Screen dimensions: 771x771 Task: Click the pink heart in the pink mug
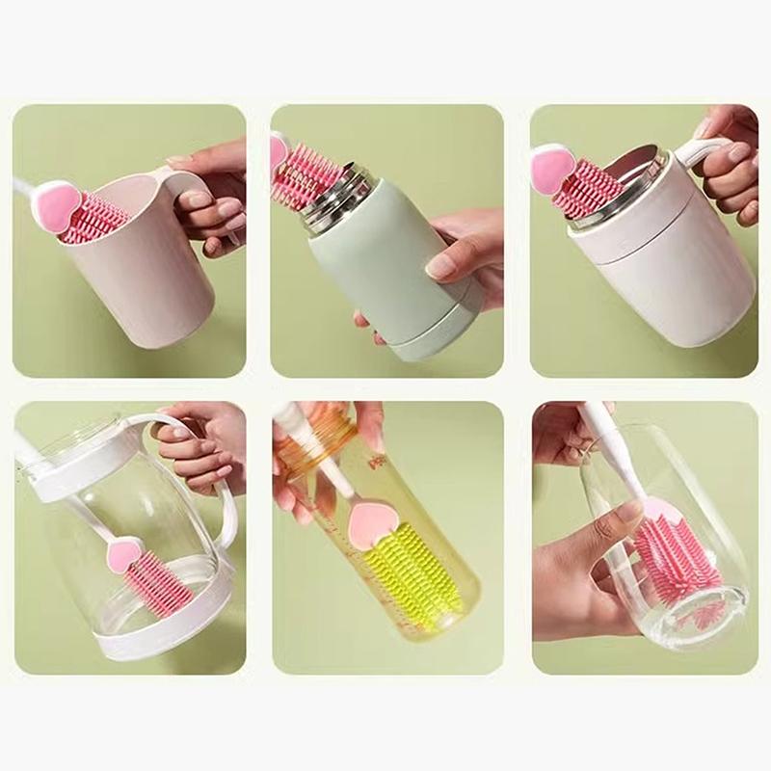pos(57,202)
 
